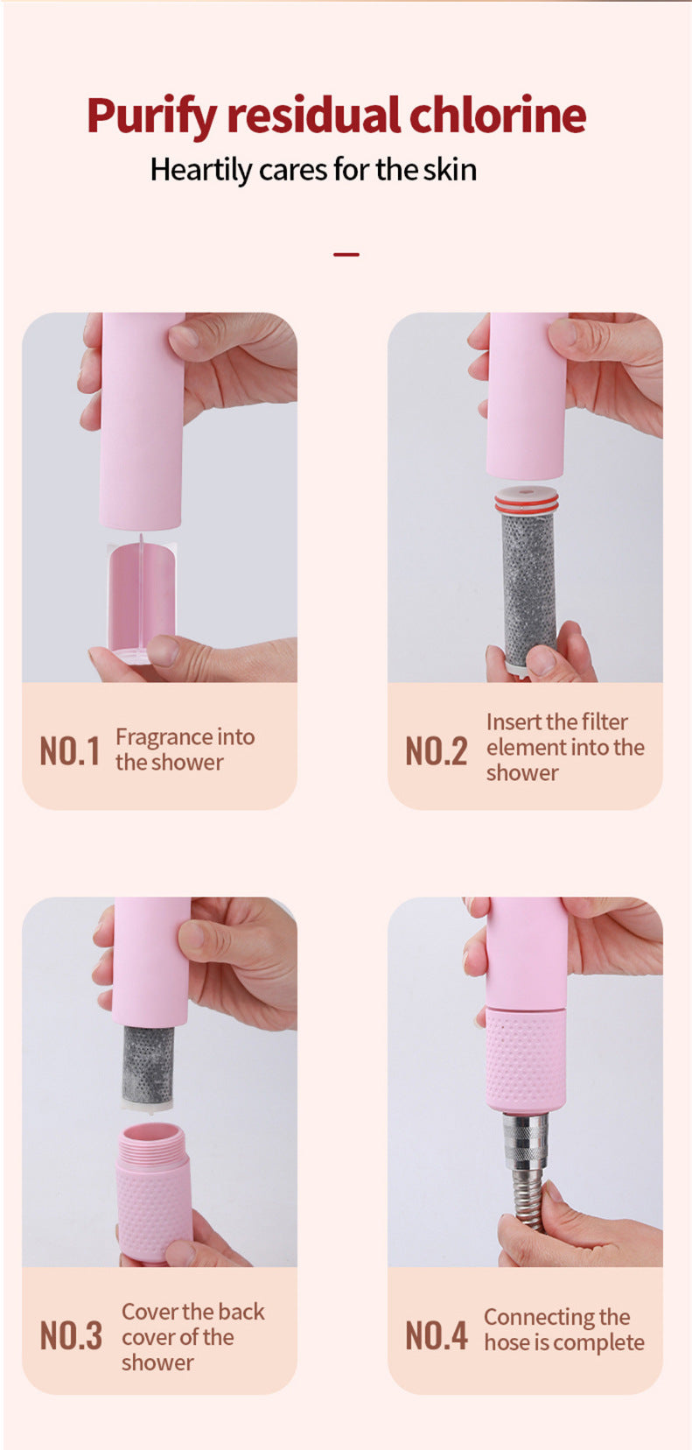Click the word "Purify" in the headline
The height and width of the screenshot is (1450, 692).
(x=151, y=116)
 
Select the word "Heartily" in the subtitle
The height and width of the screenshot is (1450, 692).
(x=201, y=170)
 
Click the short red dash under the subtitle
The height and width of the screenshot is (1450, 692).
(x=346, y=255)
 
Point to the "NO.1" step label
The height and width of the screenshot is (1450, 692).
(x=70, y=751)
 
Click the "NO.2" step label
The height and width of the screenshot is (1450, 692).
(x=436, y=751)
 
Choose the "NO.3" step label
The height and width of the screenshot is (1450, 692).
(x=71, y=1335)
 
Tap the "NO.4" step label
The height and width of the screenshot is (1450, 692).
(x=436, y=1335)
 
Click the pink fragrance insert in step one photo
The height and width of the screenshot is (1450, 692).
(x=142, y=599)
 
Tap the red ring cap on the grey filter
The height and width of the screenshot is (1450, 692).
(x=527, y=500)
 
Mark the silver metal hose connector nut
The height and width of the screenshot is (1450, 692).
(x=526, y=1138)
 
